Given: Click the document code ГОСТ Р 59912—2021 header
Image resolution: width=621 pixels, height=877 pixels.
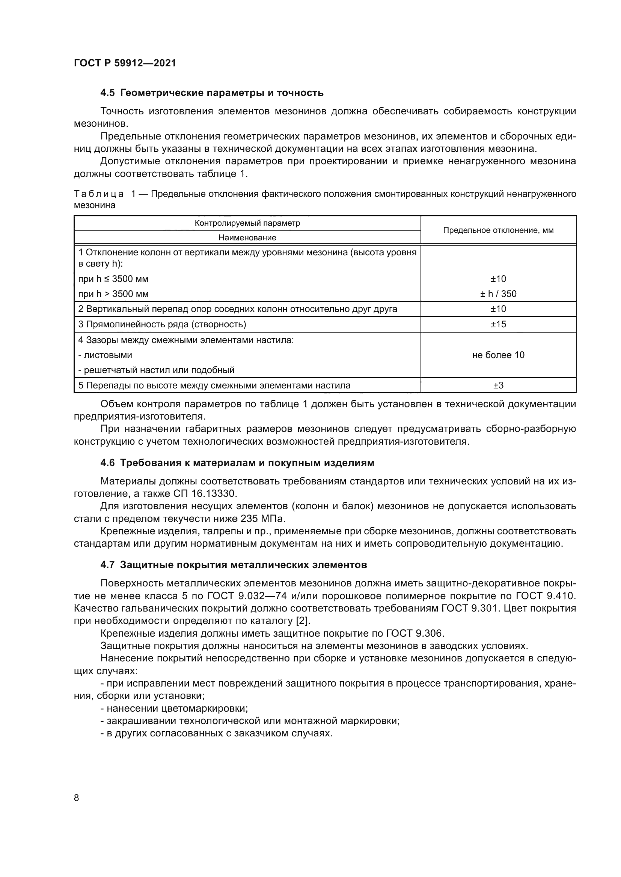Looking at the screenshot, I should click(x=125, y=63).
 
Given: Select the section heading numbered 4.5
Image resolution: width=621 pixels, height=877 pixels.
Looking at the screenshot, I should click(x=212, y=93).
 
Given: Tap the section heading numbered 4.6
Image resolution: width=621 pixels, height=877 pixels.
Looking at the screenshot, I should click(x=237, y=463).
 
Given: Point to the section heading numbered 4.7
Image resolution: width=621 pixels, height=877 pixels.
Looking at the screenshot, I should click(x=233, y=565).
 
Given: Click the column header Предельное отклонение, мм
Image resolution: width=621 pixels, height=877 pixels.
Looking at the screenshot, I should click(x=498, y=230).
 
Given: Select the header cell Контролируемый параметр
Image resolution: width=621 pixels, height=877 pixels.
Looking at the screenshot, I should click(x=247, y=223).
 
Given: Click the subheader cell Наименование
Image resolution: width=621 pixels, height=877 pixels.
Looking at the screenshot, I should click(x=247, y=238).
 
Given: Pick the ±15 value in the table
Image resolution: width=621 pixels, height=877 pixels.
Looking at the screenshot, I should click(x=498, y=324).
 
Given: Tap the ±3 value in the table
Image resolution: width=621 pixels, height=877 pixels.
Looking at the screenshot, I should click(x=498, y=385).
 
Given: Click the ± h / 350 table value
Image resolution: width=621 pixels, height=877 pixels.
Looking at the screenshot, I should click(x=498, y=294).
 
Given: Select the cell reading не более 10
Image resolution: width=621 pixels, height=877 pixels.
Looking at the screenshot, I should click(x=498, y=355).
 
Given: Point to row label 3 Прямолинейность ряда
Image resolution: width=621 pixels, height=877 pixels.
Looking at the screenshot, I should click(x=162, y=324).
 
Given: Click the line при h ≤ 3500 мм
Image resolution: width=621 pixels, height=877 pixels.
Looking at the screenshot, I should click(x=113, y=279).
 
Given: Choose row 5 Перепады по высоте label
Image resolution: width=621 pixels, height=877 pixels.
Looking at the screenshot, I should click(x=214, y=385).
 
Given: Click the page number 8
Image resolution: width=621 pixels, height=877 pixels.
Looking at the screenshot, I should click(x=77, y=798).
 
